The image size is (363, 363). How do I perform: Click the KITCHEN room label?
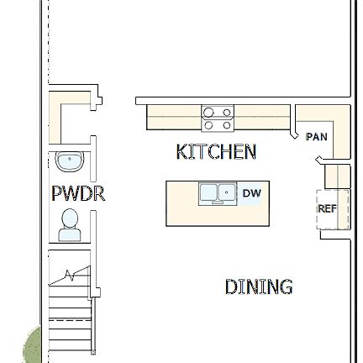pyautogui.click(x=216, y=152)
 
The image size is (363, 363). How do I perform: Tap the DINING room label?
pyautogui.click(x=258, y=287)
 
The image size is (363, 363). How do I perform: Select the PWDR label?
pyautogui.click(x=78, y=194)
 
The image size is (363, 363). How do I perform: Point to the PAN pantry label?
pyautogui.click(x=317, y=137)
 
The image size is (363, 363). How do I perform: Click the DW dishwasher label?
pyautogui.click(x=251, y=194)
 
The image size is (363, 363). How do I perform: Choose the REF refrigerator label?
pyautogui.click(x=327, y=209)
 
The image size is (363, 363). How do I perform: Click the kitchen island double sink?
pyautogui.click(x=217, y=193)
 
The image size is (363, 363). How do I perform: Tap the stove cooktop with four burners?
pyautogui.click(x=217, y=118)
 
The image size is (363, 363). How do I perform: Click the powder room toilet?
pyautogui.click(x=70, y=224)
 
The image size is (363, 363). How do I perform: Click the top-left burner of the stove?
pyautogui.click(x=209, y=112)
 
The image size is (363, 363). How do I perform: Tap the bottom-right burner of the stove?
pyautogui.click(x=226, y=125)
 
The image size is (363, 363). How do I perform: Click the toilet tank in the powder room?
pyautogui.click(x=70, y=236)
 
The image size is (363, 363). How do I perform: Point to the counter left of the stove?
pyautogui.click(x=174, y=118)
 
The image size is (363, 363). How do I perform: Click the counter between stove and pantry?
pyautogui.click(x=262, y=118)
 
